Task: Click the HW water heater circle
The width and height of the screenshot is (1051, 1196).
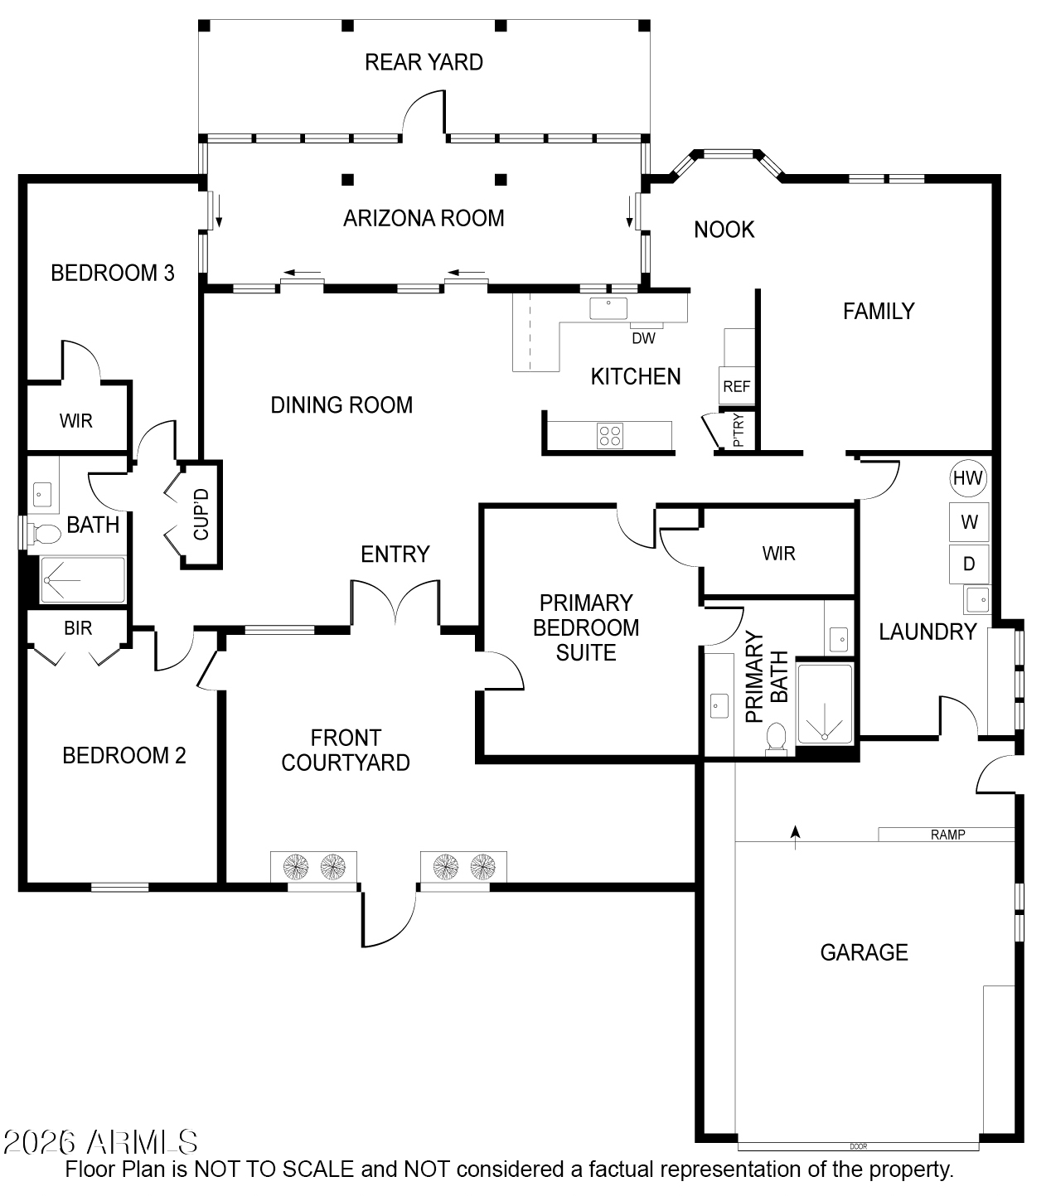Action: [967, 477]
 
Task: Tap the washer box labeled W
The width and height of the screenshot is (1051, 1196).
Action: [969, 522]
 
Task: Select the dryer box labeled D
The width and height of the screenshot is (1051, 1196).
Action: [969, 564]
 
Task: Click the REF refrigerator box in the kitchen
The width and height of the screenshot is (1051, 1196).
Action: [736, 386]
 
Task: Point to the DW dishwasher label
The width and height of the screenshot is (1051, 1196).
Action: [643, 338]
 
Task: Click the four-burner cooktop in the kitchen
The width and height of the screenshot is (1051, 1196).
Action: [611, 436]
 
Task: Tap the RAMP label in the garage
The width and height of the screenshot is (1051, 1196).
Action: [947, 835]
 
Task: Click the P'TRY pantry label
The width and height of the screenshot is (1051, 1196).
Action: [739, 430]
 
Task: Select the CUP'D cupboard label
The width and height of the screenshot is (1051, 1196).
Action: [202, 515]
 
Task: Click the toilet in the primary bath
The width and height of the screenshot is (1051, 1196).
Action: [777, 736]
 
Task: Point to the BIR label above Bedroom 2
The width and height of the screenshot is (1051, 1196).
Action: [78, 628]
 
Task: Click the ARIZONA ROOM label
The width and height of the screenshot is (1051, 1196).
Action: [424, 218]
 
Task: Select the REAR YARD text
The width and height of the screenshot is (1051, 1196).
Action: [424, 62]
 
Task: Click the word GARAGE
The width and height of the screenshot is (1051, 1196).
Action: [864, 952]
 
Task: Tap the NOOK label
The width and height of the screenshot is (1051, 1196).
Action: [724, 230]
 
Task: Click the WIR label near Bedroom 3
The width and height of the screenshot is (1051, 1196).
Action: [76, 421]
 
